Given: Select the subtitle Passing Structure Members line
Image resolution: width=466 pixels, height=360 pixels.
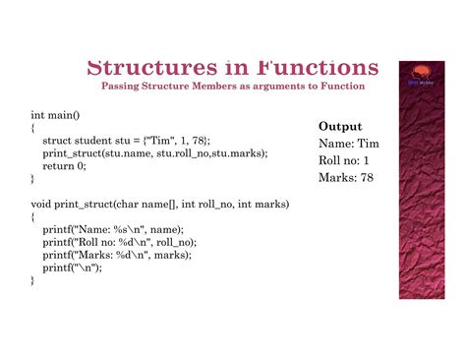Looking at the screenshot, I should (x=233, y=87).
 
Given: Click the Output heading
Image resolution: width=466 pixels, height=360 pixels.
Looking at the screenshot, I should (x=340, y=127).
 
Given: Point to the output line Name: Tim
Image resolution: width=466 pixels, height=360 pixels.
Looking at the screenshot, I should (x=349, y=144).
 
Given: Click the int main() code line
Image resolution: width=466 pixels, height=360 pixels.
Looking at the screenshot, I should (x=53, y=115).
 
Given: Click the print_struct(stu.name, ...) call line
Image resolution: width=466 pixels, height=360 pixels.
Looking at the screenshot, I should (x=154, y=153).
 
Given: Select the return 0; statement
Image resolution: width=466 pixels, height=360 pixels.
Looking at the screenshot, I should (x=64, y=166).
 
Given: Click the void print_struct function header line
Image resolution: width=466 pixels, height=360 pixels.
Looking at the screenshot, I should (x=159, y=205).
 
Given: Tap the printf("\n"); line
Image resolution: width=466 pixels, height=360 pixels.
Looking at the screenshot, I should (x=73, y=268).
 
